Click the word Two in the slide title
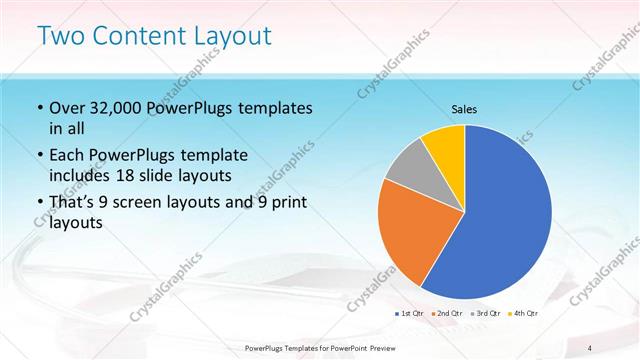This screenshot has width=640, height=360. [x=59, y=37]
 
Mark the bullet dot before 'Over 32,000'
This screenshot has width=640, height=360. [x=39, y=108]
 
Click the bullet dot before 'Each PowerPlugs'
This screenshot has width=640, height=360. [x=39, y=156]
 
